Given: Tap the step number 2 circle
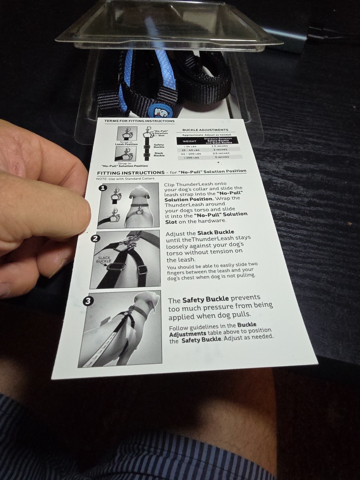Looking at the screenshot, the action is point(95,239).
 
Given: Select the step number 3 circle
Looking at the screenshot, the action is point(88,301).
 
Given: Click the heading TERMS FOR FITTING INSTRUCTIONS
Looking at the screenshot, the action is point(139,121).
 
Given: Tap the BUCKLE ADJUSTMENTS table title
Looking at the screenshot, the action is point(205,130).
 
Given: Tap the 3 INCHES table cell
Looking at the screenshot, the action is point(222,157).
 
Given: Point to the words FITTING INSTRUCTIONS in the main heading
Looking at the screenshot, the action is point(131,173).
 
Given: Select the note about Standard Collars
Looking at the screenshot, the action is point(125,178).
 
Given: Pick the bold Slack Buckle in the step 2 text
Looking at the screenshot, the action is point(216,232).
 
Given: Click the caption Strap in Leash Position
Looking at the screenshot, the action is point(126,143).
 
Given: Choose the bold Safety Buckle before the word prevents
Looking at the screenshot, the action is point(206,299).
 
